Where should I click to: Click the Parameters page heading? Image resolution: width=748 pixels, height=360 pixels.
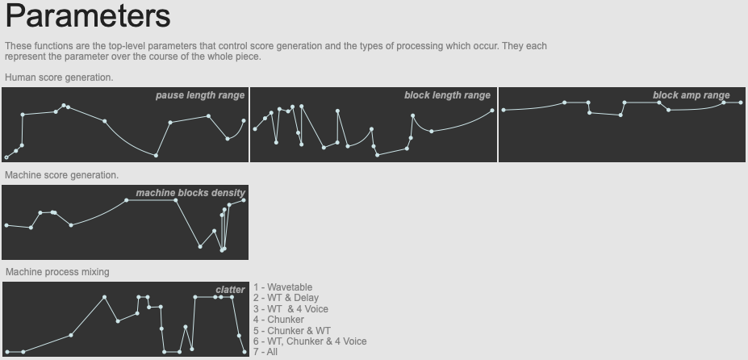(x=88, y=16)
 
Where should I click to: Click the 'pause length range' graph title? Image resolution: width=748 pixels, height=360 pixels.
(x=200, y=95)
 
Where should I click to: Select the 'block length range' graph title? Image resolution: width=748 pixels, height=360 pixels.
(x=447, y=95)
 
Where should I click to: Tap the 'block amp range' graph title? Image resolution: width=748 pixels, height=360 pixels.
(x=692, y=95)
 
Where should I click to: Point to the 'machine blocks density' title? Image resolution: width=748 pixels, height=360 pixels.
(x=190, y=193)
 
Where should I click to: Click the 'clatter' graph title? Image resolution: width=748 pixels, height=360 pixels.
(x=230, y=290)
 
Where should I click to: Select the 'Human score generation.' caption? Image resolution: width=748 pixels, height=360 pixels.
(x=59, y=77)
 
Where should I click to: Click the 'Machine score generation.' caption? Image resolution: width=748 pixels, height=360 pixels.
(x=61, y=175)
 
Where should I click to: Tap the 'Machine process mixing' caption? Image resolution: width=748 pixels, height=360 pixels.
(x=57, y=272)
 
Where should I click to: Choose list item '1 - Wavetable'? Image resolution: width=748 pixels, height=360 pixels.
(x=283, y=287)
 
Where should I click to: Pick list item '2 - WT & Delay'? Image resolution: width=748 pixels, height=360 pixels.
(x=286, y=298)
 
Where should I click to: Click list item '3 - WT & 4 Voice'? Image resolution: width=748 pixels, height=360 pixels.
(x=290, y=309)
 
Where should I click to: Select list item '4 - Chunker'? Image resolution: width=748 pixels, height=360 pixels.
(x=278, y=320)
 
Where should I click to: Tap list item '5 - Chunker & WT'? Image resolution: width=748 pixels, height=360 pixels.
(x=292, y=330)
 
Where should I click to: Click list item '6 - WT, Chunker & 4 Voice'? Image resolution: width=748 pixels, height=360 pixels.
(x=310, y=341)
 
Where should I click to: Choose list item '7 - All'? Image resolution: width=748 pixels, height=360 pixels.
(x=265, y=352)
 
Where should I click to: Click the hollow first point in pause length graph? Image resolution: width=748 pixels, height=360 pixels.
(x=6, y=157)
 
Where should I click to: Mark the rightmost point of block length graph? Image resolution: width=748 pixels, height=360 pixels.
(x=492, y=111)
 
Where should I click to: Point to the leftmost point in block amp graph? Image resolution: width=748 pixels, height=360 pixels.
(x=504, y=111)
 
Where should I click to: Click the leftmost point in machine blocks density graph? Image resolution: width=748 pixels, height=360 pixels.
(x=6, y=225)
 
